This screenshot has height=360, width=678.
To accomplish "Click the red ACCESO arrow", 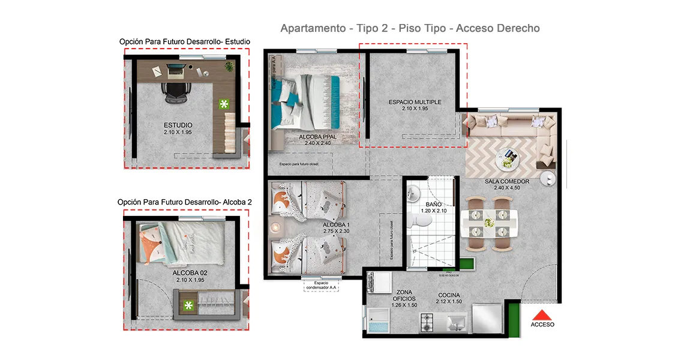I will [x=542, y=314].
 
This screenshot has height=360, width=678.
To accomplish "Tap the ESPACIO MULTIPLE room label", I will [x=415, y=102].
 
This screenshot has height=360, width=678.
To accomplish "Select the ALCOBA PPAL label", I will [x=317, y=137].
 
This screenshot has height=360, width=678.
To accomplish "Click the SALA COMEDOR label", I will [x=507, y=181].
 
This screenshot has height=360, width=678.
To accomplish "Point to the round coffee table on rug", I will [x=507, y=158].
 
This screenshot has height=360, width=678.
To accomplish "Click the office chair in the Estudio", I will [x=175, y=91].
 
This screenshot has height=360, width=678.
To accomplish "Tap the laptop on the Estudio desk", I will [x=175, y=71].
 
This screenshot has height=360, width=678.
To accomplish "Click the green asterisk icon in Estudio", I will [x=224, y=104].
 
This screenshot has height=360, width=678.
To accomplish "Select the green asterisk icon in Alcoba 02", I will [x=188, y=306].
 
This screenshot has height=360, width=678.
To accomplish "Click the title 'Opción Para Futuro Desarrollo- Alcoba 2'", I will [x=185, y=202].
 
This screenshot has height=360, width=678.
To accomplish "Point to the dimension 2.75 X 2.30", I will [x=319, y=231].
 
